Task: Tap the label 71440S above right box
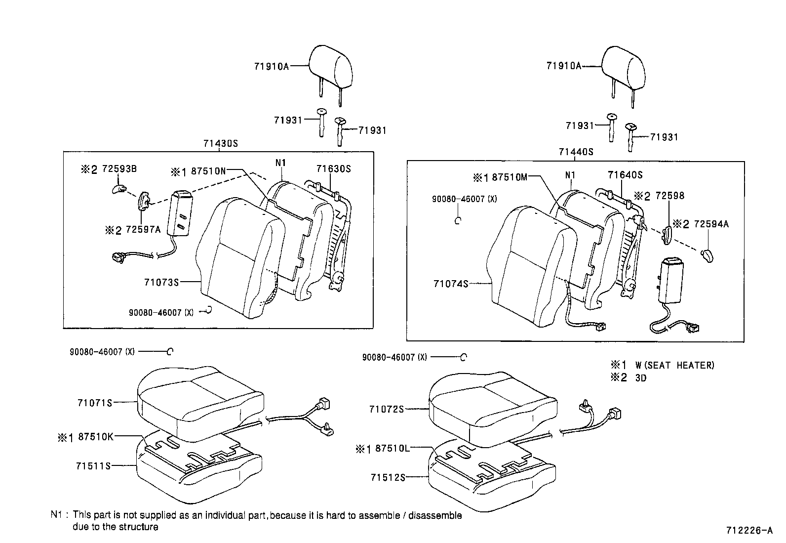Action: pos(576,152)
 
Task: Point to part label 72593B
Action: pos(119,169)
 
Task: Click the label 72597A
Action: pos(143,230)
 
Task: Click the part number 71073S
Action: pos(161,282)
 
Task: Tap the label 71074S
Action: pos(450,284)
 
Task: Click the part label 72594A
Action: pos(711,224)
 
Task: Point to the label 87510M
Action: pos(510,177)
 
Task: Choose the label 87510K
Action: pos(96,437)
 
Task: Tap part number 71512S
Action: pos(388,477)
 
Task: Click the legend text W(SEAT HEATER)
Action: pos(674,366)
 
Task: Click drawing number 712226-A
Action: pos(748,531)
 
